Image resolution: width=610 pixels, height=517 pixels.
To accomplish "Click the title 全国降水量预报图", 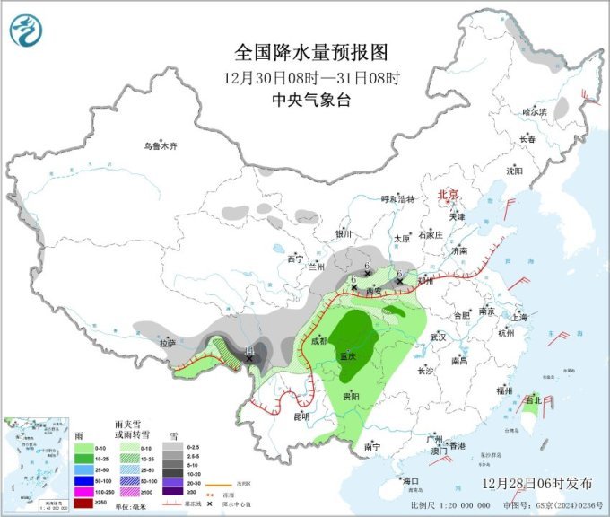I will [304, 50].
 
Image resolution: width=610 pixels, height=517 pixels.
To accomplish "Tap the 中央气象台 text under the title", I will [304, 101].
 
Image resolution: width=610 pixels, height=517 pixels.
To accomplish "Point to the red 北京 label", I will [447, 195].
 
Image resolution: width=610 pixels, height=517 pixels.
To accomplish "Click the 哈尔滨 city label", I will [535, 112].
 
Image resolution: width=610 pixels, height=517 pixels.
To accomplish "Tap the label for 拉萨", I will [168, 343].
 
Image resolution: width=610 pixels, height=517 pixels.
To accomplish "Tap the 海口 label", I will [411, 481].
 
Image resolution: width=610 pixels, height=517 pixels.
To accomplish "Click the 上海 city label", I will [518, 317].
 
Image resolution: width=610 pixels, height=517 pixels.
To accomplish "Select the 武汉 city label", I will [439, 337].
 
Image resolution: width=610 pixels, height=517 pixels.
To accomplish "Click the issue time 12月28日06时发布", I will [536, 483].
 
